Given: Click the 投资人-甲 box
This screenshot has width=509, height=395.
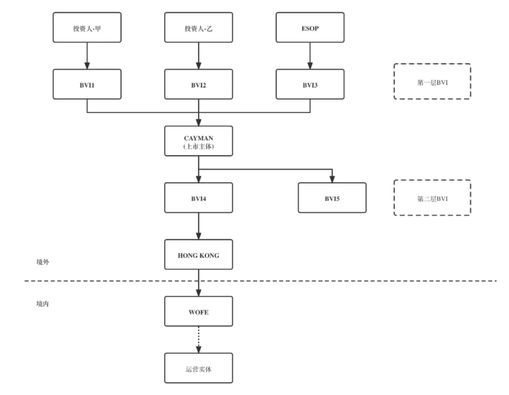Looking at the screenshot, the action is coord(87,28).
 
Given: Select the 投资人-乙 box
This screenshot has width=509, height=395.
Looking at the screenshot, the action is coord(199,28).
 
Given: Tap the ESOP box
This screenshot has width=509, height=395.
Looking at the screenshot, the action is coord(310,28).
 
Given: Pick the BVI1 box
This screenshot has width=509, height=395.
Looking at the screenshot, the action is coord(87,84).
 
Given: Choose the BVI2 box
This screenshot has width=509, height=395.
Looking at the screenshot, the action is coord(199,84).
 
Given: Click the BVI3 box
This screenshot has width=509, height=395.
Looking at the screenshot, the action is coord(310,84).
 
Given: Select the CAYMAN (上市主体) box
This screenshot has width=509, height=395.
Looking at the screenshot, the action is coord(199,141).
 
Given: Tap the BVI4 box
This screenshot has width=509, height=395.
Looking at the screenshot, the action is coord(199,198).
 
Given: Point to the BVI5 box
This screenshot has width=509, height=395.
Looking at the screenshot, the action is coord(332,198).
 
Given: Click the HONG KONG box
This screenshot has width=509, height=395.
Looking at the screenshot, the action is coord(199,254).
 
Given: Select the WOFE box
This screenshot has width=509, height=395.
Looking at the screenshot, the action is coord(199,311).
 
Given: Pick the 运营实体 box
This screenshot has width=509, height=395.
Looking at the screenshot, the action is coord(199,368).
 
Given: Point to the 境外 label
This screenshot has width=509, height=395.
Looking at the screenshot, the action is coord(42,262).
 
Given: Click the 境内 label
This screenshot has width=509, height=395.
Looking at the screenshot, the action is coord(42,304).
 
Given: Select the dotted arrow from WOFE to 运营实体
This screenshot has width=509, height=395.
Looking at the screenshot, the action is coord(199,340).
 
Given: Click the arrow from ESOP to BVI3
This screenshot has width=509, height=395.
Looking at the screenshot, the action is coord(310,56).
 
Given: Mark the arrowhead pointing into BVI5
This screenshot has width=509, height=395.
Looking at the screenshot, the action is coord(332,179).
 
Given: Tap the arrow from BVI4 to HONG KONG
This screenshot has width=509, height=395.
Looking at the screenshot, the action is coord(199,226).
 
